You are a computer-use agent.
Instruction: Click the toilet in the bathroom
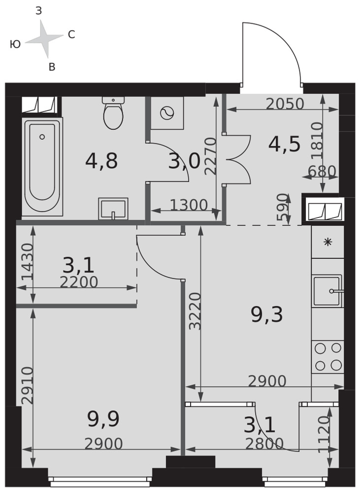click(x=113, y=113)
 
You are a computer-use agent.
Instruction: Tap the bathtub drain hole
click(x=42, y=137)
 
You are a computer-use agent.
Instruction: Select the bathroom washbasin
click(x=113, y=209)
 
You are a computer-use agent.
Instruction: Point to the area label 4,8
click(x=101, y=161)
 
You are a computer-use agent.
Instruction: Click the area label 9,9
click(x=103, y=420)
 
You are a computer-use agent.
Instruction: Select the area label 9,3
click(x=267, y=315)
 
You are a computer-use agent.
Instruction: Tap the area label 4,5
click(x=284, y=144)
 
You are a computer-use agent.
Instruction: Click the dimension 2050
click(x=285, y=104)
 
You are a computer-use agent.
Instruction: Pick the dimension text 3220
click(x=196, y=311)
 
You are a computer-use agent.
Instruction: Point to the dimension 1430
click(x=28, y=262)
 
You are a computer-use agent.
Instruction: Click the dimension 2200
click(x=79, y=282)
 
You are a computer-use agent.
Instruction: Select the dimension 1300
click(x=189, y=205)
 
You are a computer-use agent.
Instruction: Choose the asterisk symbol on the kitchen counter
click(x=328, y=242)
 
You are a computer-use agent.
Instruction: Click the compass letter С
click(x=71, y=34)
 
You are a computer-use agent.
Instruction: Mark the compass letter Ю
click(x=15, y=44)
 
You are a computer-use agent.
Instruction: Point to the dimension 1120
click(x=324, y=434)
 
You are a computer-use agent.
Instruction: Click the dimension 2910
click(x=28, y=385)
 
